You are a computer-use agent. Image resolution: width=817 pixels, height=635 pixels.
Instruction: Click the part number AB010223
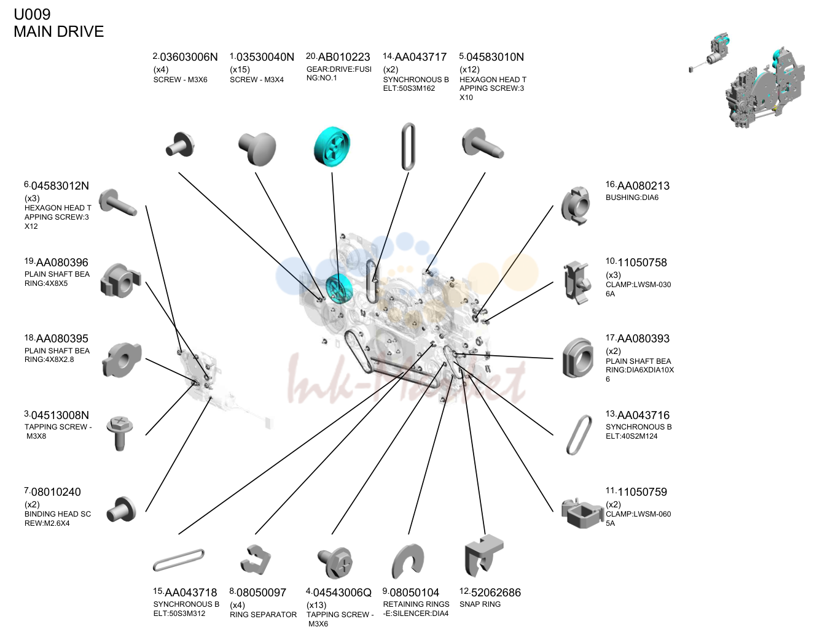(x=343, y=57)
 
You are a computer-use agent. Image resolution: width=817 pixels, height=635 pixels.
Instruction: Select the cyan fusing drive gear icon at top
(x=332, y=147)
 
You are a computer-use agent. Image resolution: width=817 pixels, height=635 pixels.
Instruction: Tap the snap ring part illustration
(x=483, y=556)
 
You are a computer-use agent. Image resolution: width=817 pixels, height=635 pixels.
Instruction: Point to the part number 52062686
(x=496, y=593)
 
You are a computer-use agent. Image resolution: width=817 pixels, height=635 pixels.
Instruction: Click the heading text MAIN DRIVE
(x=58, y=31)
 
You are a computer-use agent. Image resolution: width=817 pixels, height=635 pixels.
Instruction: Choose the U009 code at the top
(x=32, y=14)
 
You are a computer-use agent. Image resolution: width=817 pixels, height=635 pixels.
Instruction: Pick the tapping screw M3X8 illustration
(x=120, y=433)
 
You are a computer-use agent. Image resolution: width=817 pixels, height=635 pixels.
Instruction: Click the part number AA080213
(x=643, y=186)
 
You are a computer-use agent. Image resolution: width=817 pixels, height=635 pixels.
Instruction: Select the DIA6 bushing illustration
(x=575, y=206)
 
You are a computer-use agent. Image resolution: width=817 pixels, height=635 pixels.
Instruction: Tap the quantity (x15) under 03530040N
(x=240, y=69)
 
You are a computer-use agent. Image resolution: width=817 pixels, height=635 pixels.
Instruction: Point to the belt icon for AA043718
(x=179, y=560)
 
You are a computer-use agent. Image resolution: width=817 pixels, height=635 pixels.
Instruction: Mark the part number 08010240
(x=56, y=492)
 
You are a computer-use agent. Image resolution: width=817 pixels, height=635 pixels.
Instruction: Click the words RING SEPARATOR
(x=263, y=615)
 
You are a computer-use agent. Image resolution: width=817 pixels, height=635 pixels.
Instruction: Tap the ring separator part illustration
(x=256, y=560)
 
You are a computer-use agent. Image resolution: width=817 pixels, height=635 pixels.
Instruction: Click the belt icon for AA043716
(x=579, y=435)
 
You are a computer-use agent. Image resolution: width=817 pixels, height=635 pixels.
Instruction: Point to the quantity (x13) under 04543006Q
(x=316, y=605)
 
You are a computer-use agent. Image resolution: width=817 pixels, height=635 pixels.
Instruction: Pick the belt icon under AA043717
(x=408, y=147)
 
